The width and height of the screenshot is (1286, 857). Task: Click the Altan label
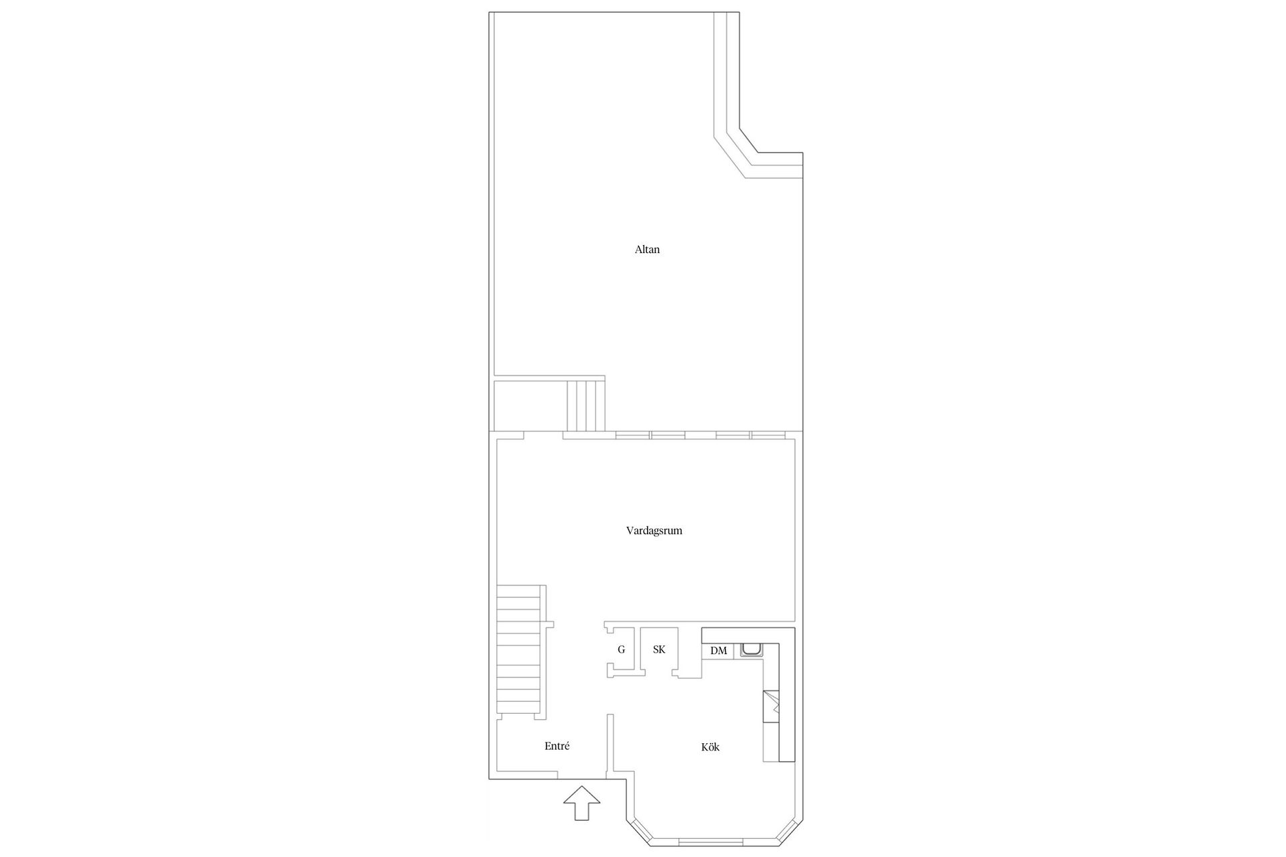point(647,250)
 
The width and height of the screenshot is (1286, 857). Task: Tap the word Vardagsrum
point(654,531)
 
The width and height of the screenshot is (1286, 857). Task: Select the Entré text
point(557,746)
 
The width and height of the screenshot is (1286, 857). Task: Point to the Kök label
point(710,747)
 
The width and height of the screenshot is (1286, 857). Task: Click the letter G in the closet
point(622,649)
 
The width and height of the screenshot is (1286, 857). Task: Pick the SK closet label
point(659,649)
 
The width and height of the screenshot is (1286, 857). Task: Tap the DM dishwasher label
point(719,651)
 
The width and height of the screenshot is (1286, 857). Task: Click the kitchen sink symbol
point(751,651)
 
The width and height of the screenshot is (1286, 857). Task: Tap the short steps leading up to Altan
point(586,406)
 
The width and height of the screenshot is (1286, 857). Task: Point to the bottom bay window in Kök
point(713,840)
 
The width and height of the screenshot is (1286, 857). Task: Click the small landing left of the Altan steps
point(530,406)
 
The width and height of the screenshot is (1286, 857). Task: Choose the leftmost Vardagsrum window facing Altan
point(633,435)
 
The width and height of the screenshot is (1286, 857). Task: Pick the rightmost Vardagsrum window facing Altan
point(768,435)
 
